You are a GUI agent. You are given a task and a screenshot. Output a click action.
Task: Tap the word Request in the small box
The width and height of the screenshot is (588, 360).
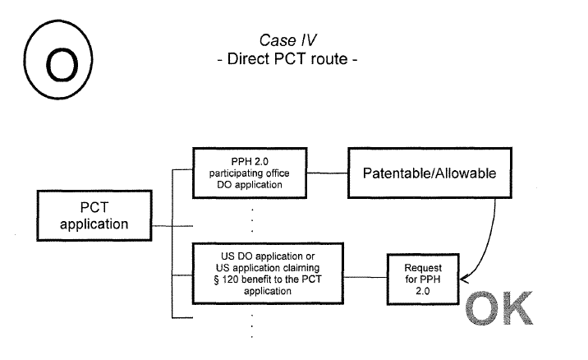point(423,269)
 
